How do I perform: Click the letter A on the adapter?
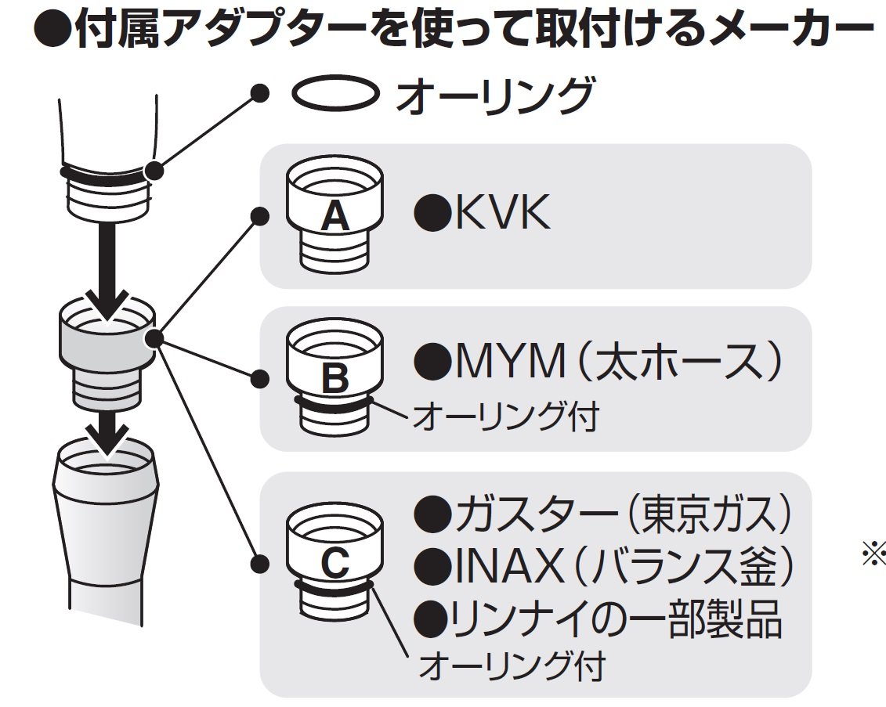335,216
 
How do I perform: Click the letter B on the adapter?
335,379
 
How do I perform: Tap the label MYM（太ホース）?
599,363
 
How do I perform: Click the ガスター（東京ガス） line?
602,515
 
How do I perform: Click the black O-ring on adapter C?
335,587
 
